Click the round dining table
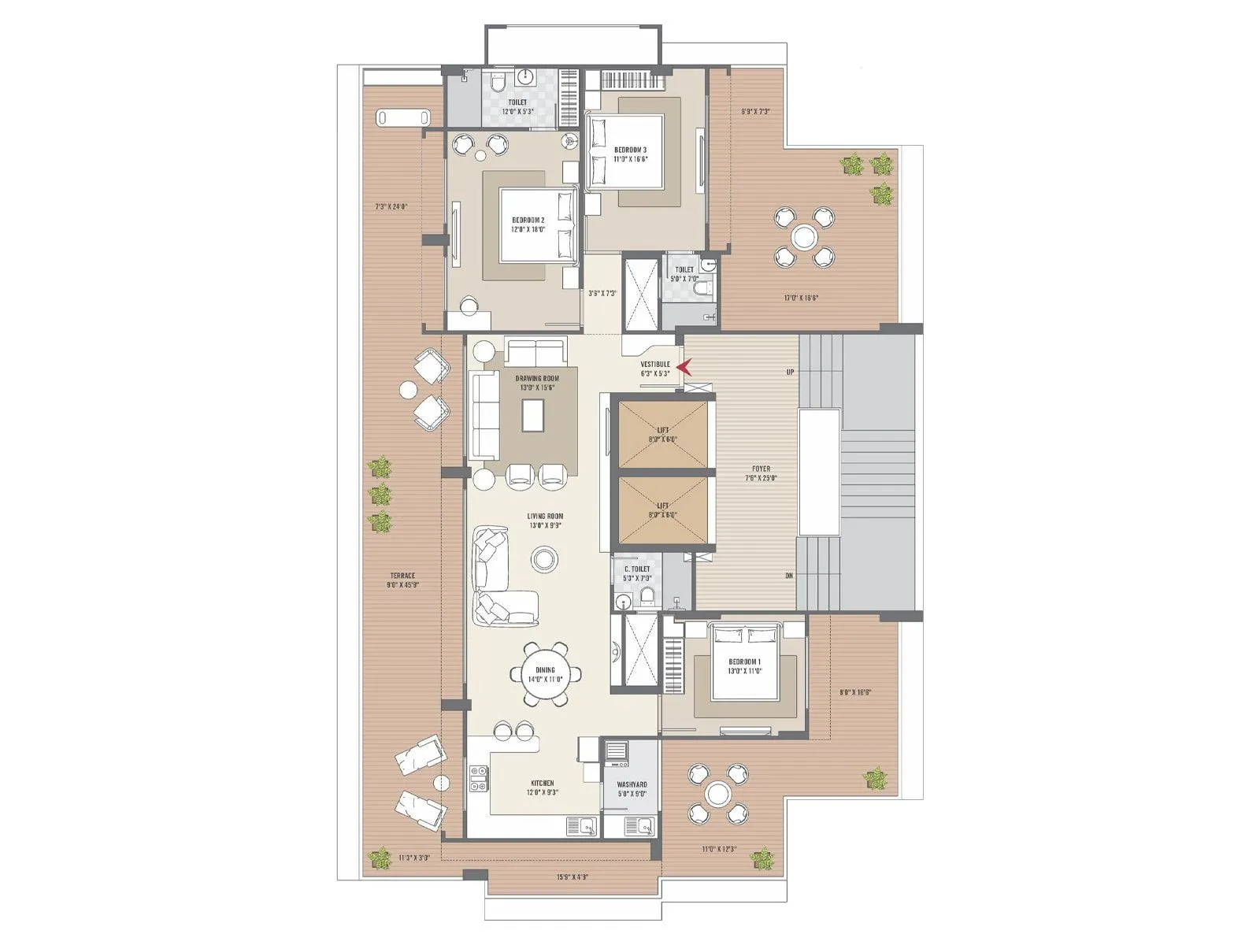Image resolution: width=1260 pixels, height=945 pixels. tap(545, 675)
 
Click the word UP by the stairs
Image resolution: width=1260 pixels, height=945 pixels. tap(790, 372)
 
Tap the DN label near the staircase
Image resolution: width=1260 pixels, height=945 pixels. tap(789, 576)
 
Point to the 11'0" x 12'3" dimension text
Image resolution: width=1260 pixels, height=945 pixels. tap(719, 849)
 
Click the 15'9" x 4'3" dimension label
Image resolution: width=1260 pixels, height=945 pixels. tap(573, 876)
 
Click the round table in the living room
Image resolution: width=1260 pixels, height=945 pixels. tap(543, 559)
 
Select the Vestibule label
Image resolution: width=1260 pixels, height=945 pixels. tap(654, 369)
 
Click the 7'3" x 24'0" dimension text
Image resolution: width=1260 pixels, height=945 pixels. tap(391, 207)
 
